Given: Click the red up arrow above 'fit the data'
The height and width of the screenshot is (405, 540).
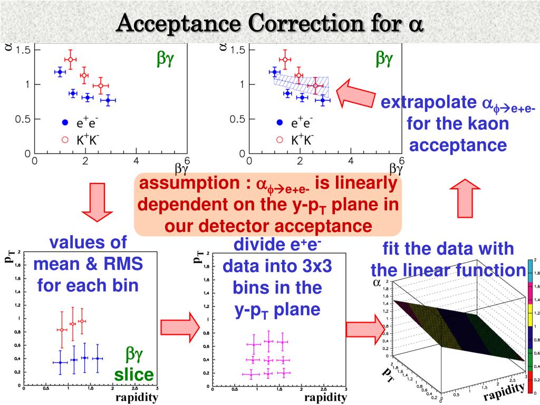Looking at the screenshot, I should (x=465, y=200).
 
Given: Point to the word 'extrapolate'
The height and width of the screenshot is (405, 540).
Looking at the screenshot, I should (x=427, y=103).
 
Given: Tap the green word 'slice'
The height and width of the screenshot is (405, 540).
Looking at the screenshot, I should (x=134, y=375).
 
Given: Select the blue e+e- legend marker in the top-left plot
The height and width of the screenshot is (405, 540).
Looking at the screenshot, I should (x=65, y=122).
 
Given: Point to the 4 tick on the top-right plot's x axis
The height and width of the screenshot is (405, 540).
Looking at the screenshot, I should (x=351, y=161).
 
